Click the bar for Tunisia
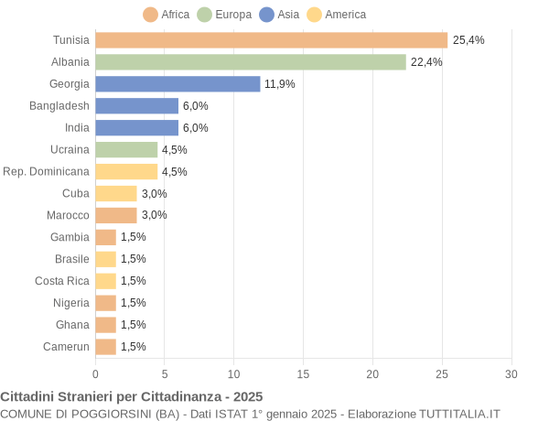(x=271, y=40)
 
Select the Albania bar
(x=250, y=62)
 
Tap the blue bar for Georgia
(x=178, y=84)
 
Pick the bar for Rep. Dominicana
(x=126, y=171)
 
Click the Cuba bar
(x=115, y=193)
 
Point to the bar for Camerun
(x=105, y=347)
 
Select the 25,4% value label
(x=468, y=40)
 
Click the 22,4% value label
(x=426, y=62)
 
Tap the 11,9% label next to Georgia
(x=280, y=84)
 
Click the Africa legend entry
(x=167, y=15)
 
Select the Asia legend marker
(x=267, y=15)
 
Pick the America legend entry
(x=336, y=15)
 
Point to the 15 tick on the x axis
(x=303, y=373)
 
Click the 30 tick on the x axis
(x=511, y=373)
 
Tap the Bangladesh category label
(x=59, y=106)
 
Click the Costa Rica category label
(x=62, y=281)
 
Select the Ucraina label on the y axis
(x=70, y=149)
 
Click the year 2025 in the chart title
(x=247, y=396)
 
